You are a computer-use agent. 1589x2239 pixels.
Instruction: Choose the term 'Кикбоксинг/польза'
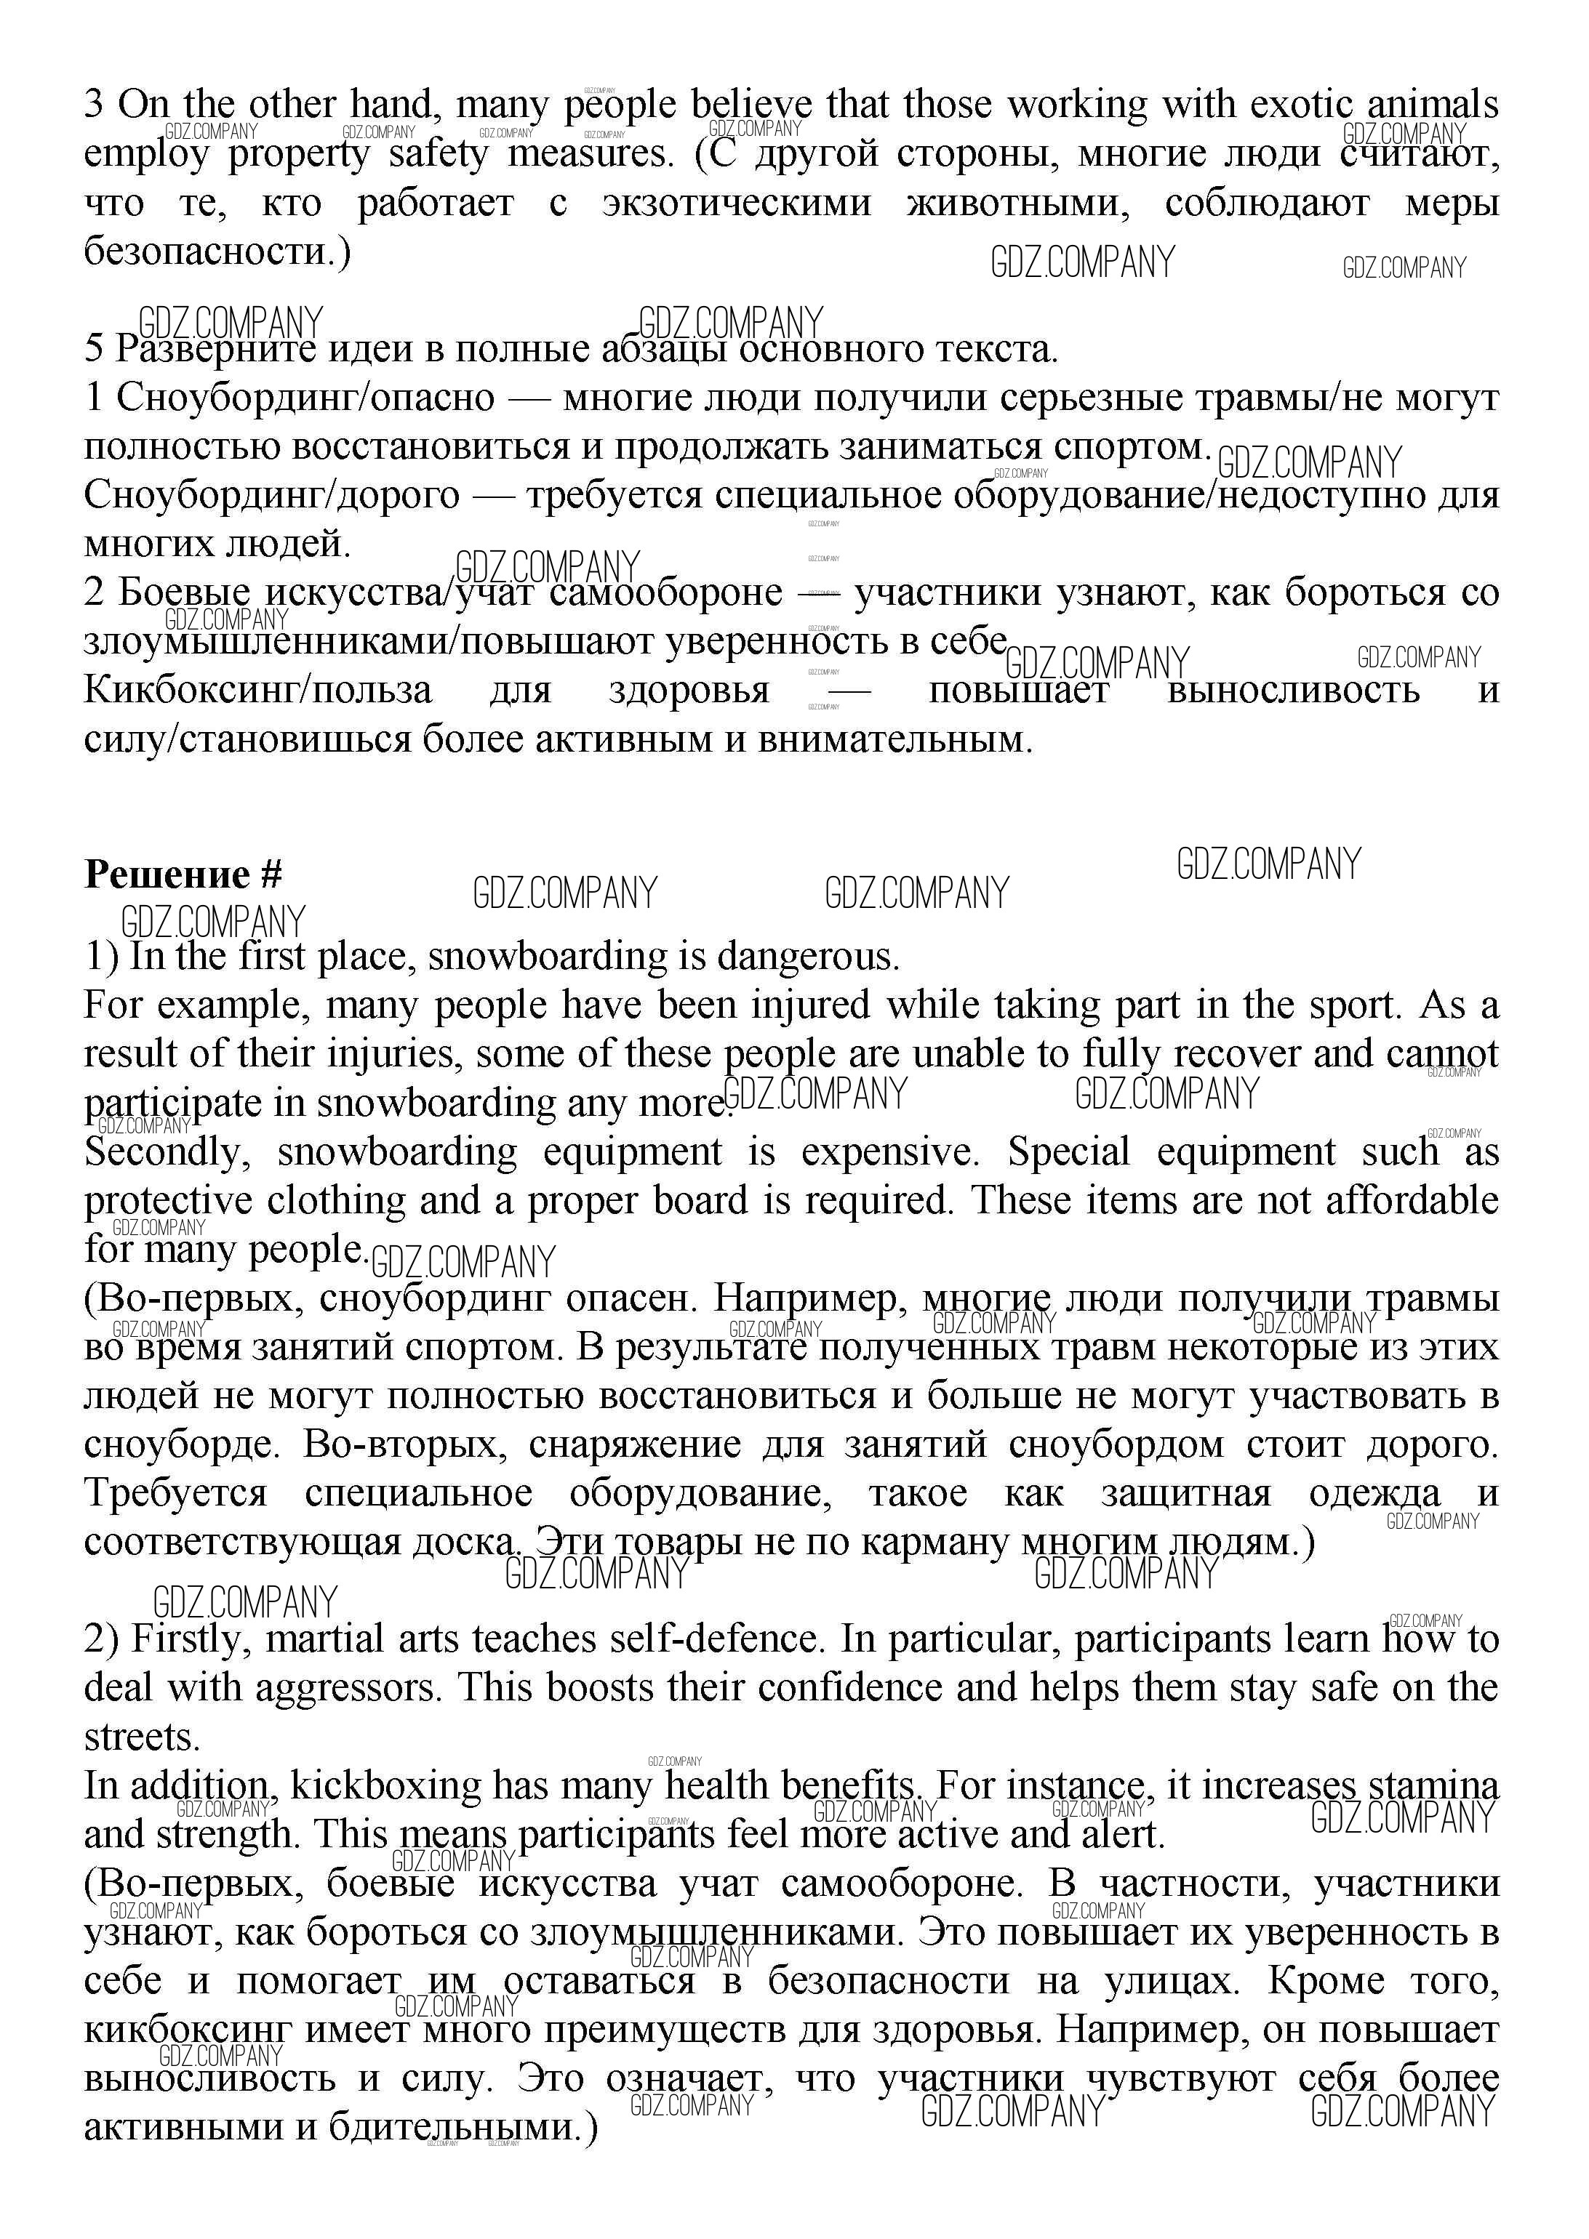click(257, 691)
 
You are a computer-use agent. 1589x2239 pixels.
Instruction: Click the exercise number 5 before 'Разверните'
click(94, 349)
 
